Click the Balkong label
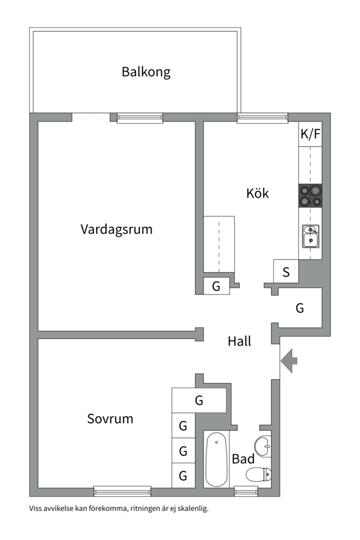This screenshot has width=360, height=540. (x=146, y=72)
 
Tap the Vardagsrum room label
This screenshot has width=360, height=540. (x=116, y=229)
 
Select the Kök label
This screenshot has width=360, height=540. (x=257, y=193)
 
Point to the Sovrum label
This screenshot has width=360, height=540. (x=110, y=418)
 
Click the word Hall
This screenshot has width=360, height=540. (x=239, y=341)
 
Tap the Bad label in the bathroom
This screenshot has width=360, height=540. (x=243, y=459)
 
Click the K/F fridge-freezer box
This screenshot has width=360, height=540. (x=310, y=134)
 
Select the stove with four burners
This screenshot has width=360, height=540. (x=310, y=195)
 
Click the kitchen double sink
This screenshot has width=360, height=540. (x=310, y=236)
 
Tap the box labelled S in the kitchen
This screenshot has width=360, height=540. (x=286, y=272)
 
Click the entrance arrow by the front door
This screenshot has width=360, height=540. (x=288, y=360)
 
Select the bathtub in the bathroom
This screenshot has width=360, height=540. (x=216, y=460)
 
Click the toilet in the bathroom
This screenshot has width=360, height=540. (x=259, y=473)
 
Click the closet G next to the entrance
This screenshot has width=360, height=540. (x=300, y=308)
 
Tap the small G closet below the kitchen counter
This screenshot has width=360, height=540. (x=216, y=286)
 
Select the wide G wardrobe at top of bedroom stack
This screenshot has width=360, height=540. (x=199, y=400)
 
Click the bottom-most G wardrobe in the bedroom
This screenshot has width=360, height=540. (x=183, y=475)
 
